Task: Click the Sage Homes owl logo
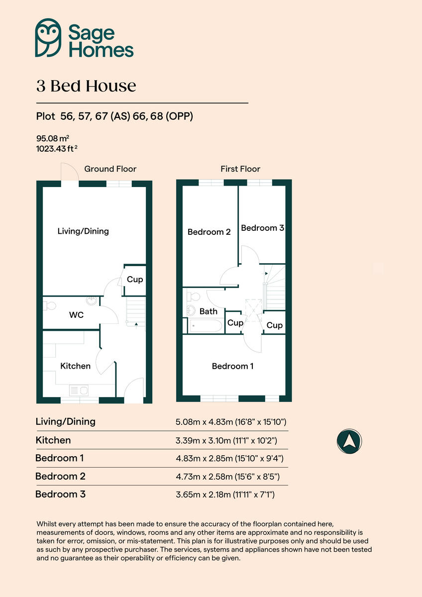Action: (x=48, y=38)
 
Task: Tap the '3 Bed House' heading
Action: (x=86, y=86)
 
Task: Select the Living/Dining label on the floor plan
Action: (x=83, y=231)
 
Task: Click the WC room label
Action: (x=76, y=315)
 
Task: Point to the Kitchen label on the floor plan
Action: (x=75, y=366)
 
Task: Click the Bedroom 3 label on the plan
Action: (x=262, y=228)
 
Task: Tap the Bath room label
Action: (x=209, y=311)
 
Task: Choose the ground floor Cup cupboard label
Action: (x=135, y=279)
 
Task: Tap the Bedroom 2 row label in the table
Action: (x=60, y=476)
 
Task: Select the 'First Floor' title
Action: (x=240, y=169)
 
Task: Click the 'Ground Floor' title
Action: (x=110, y=169)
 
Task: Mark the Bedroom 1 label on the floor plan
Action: (x=232, y=366)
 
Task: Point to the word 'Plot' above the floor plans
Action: (x=46, y=117)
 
